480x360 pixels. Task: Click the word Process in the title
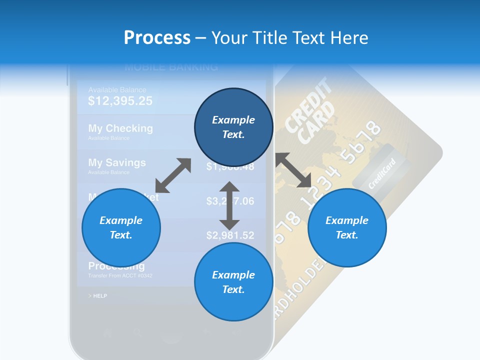[156, 38]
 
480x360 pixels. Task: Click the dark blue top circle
[233, 127]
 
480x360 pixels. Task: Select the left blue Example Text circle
[121, 227]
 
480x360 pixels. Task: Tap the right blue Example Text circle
[347, 227]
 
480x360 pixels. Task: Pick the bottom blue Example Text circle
[233, 282]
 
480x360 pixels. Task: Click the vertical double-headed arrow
[229, 205]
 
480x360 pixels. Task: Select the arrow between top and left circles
[173, 175]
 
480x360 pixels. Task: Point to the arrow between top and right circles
[294, 170]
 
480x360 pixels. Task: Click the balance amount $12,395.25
[120, 101]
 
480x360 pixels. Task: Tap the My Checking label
[120, 128]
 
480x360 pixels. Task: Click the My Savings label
[117, 163]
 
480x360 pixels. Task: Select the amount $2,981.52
[230, 235]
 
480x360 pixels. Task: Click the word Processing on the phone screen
[116, 266]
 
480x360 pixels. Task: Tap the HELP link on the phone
[99, 296]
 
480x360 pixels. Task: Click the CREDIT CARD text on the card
[310, 110]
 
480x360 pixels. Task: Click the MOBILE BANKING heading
[171, 67]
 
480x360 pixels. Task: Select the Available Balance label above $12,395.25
[117, 90]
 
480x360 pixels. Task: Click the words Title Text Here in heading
[290, 38]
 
